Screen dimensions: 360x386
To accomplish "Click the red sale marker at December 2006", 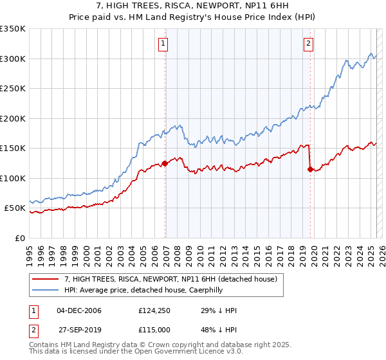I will click(165, 163).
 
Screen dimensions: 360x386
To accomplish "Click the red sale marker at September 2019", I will click(311, 170).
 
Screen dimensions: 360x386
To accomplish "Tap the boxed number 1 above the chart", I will click(163, 44).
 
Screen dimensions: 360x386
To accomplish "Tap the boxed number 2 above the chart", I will click(309, 44).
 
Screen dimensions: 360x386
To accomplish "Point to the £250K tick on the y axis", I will click(13, 89).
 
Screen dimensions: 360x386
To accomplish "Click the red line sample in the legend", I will click(45, 279).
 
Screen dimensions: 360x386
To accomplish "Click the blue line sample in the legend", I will click(45, 289).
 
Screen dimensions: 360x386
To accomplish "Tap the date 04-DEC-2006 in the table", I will click(79, 310).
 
